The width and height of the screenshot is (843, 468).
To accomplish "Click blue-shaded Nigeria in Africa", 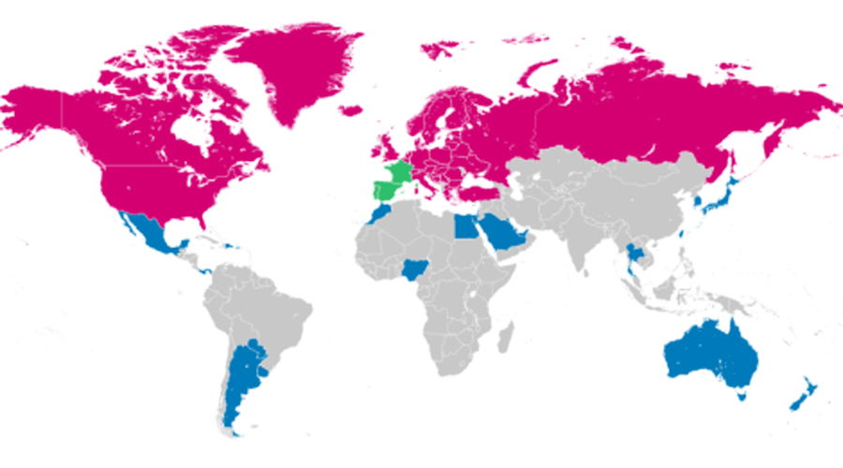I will [x=412, y=271].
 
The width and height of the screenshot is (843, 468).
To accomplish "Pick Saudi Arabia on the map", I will [x=506, y=234].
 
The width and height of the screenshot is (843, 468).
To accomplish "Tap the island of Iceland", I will [x=351, y=110].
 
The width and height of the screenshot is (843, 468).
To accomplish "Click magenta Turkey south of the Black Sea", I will [x=482, y=191].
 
